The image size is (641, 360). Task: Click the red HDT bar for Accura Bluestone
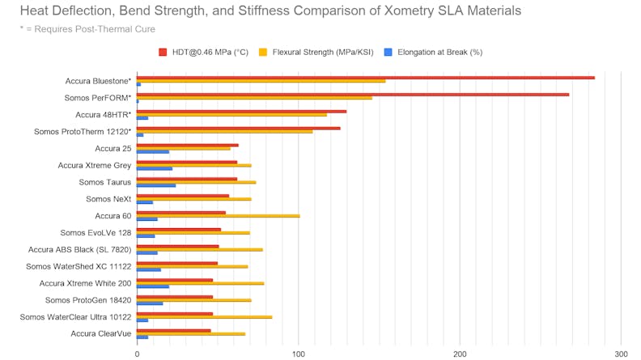(364, 78)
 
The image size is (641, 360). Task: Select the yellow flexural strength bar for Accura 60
(218, 216)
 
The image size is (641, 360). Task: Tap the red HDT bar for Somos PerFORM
(352, 95)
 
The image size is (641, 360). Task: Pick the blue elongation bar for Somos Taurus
(155, 186)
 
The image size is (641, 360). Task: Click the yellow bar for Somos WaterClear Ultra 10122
(204, 317)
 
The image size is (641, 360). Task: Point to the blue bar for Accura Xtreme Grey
(154, 169)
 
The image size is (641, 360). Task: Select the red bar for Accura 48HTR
(241, 112)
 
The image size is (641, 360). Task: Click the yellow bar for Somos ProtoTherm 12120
(224, 132)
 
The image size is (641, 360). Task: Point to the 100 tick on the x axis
(298, 354)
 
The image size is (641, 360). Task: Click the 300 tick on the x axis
(621, 354)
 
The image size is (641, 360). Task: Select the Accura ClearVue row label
(100, 333)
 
